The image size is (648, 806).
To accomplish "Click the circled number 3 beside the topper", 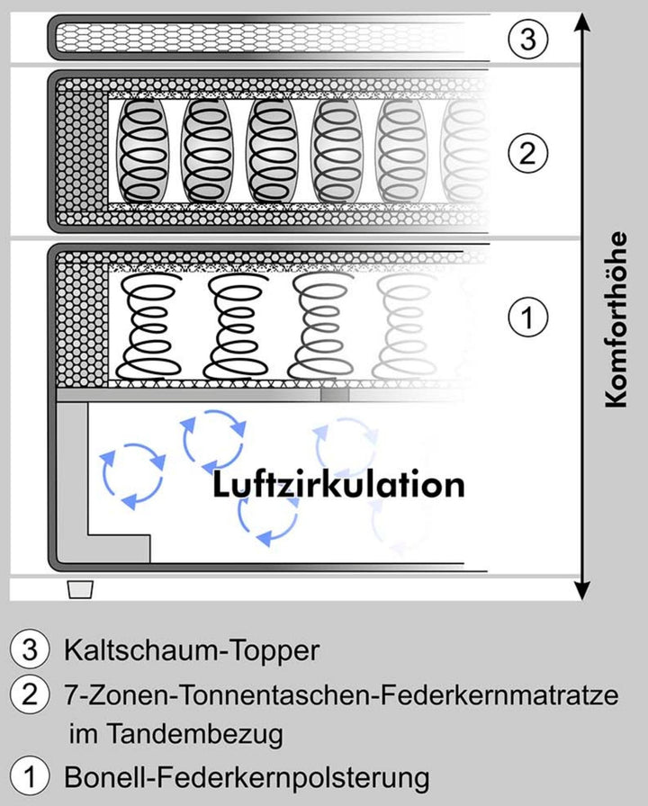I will tap(527, 39).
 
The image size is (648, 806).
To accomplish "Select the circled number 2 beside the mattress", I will tap(527, 152).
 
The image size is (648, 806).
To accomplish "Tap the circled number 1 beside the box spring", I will tap(527, 317).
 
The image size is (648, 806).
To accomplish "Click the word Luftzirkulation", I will tap(338, 485).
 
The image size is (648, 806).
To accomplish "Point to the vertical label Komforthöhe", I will tap(616, 320).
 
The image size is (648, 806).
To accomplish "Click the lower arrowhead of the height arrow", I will tap(583, 590).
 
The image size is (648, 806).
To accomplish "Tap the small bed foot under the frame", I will tap(81, 588).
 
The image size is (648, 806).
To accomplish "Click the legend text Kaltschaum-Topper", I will tap(191, 650).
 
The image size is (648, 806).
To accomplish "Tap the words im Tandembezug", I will tap(175, 734).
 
